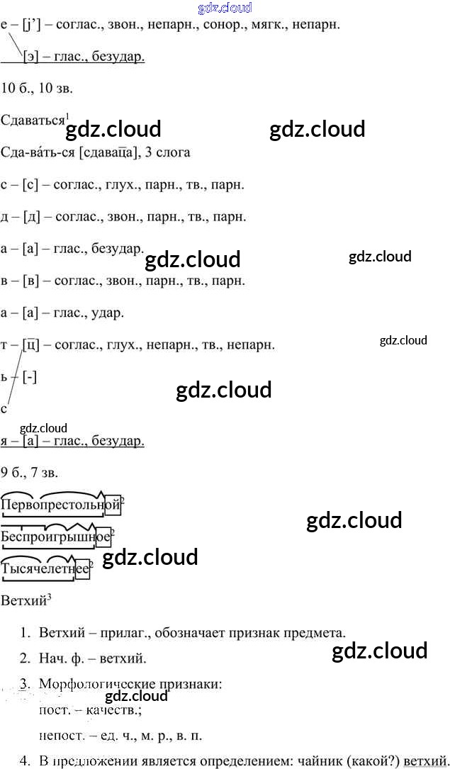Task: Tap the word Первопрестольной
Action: point(60,505)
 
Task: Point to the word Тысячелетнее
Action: point(45,568)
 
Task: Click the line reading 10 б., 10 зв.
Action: point(37,89)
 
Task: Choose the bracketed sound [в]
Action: point(30,281)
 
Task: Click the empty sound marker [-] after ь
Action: point(30,377)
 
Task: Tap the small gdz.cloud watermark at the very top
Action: point(225,9)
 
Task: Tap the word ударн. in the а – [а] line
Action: point(108,313)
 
